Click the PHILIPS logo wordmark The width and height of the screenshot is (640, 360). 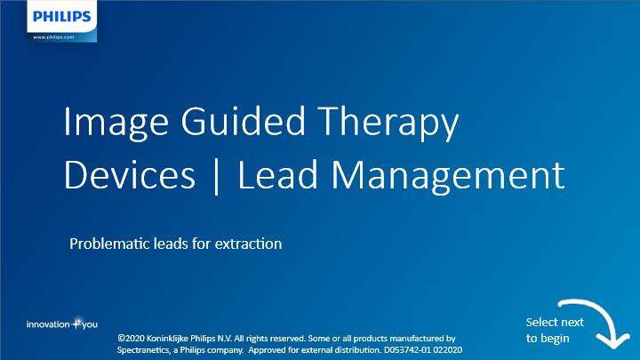point(61,16)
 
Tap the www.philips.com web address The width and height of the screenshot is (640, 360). point(53,37)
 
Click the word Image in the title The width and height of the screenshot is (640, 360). point(116,123)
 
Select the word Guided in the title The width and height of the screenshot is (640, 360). point(243,121)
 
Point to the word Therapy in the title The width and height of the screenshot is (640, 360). point(388,123)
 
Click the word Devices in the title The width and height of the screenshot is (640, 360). point(130,175)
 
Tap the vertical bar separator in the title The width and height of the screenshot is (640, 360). point(216,177)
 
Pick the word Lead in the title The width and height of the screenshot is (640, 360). point(277,174)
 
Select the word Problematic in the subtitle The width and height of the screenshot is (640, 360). point(109,244)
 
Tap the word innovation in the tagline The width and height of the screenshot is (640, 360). point(48,324)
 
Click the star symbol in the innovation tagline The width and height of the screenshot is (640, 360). point(76,324)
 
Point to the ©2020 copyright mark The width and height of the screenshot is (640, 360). point(131,339)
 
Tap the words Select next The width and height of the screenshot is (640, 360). point(555,322)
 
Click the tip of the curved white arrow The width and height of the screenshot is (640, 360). point(613,348)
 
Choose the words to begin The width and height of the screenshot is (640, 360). point(548,339)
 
